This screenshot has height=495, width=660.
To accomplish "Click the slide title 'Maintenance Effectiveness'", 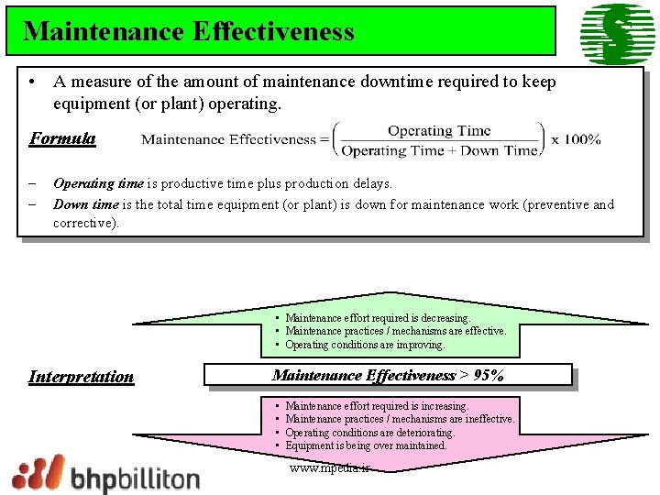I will coord(188,31).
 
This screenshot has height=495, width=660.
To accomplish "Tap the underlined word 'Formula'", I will coord(62,138).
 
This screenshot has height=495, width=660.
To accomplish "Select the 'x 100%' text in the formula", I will coord(576,139).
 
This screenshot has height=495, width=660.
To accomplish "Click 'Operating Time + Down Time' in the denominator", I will coord(440,150).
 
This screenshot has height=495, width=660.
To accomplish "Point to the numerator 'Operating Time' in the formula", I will coord(439,130).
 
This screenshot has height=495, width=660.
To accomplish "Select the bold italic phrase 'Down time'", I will coord(86,204).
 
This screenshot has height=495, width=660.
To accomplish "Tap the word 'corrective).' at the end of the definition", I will coord(86,223).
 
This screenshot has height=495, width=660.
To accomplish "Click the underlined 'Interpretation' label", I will coord(81,376).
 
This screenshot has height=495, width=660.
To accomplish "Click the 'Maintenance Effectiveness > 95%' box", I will coord(388,375).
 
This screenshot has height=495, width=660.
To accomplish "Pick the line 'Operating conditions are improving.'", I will coord(365,345).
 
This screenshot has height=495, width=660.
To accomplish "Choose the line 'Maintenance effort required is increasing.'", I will coord(377,405).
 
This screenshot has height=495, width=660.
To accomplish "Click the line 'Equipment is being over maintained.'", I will coord(366,445).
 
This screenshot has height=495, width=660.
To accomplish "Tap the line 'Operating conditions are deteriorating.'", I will coord(369,432).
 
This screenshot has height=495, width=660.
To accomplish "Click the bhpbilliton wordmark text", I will coord(136,478).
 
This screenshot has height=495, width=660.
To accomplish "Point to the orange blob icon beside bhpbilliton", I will coord(38,473).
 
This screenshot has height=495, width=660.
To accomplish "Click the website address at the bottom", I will coord(329,467).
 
